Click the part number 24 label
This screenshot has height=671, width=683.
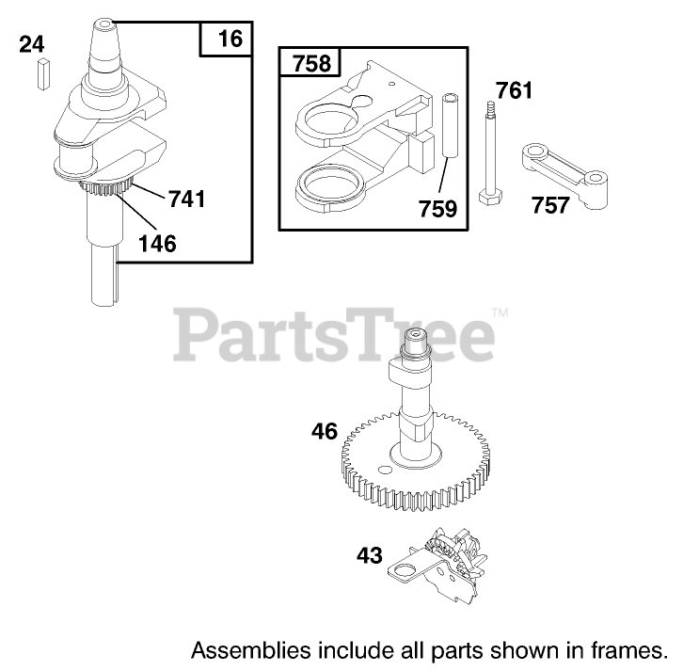(32, 44)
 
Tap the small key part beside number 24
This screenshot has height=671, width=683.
(42, 72)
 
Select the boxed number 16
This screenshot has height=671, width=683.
(230, 39)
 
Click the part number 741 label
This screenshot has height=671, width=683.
(186, 199)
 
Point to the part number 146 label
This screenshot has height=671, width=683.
(156, 244)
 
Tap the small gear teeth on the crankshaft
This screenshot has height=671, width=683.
(112, 190)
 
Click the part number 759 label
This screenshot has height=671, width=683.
(438, 207)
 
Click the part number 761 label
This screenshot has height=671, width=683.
(515, 91)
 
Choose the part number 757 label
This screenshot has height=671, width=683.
(549, 203)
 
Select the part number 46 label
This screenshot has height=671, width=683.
(325, 432)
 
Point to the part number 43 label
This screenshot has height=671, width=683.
(369, 555)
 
